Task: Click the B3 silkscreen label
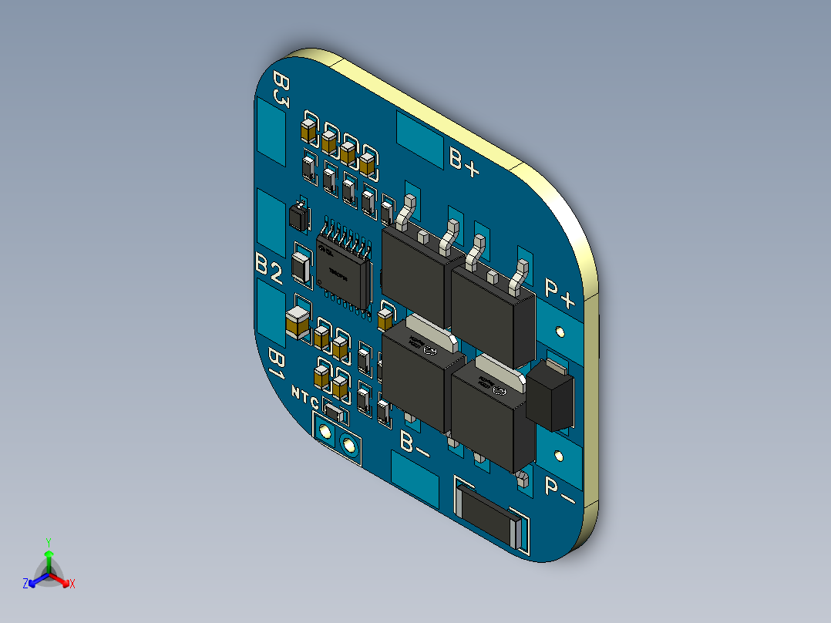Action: pyautogui.click(x=281, y=92)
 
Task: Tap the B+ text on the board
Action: pyautogui.click(x=465, y=160)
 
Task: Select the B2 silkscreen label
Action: pyautogui.click(x=268, y=268)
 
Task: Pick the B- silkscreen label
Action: pyautogui.click(x=415, y=443)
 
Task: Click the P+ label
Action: pyautogui.click(x=560, y=289)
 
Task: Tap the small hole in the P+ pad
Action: pyautogui.click(x=560, y=332)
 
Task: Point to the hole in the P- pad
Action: pyautogui.click(x=560, y=456)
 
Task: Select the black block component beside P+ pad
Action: pyautogui.click(x=552, y=396)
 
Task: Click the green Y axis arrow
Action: pyautogui.click(x=49, y=557)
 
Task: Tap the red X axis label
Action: pyautogui.click(x=72, y=584)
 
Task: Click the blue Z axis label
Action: pyautogui.click(x=25, y=584)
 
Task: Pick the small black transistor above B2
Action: pyautogui.click(x=298, y=217)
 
